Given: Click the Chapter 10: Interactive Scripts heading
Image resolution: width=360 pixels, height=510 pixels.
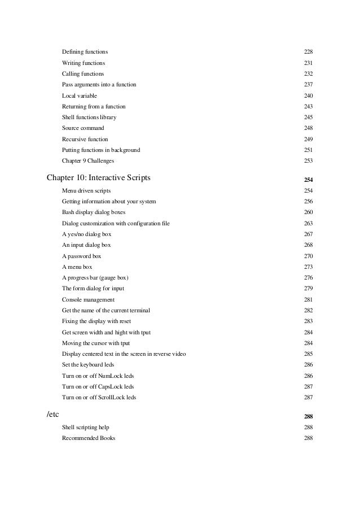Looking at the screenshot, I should (98, 178).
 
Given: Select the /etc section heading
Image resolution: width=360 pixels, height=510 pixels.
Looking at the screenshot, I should (53, 416).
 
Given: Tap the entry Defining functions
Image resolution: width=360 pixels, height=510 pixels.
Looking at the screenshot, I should (85, 52).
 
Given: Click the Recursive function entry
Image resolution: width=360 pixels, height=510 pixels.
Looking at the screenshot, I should (85, 139).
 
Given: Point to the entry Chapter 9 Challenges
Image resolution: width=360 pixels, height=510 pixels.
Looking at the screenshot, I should (87, 161).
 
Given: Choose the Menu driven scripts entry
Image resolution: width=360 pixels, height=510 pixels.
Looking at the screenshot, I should (86, 191).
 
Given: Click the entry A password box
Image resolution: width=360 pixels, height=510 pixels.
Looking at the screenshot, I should (81, 256).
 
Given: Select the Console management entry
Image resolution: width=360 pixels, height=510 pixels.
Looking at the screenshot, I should (88, 299).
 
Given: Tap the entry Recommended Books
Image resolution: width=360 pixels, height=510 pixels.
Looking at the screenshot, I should (89, 438).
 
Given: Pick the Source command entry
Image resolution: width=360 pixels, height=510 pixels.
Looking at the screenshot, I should (83, 128).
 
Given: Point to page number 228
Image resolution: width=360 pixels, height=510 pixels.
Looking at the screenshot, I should (308, 52).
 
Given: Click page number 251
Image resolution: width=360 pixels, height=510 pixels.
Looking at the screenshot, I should (308, 150).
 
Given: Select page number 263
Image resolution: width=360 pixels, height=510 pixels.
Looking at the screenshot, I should (308, 224).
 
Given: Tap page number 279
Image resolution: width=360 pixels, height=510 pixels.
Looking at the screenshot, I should (308, 289).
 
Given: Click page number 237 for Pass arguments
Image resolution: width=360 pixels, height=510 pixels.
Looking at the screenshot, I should (308, 85).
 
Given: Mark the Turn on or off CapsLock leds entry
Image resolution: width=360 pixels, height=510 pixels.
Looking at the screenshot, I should (98, 387).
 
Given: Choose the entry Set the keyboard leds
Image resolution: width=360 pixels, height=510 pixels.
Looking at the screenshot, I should (88, 365).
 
